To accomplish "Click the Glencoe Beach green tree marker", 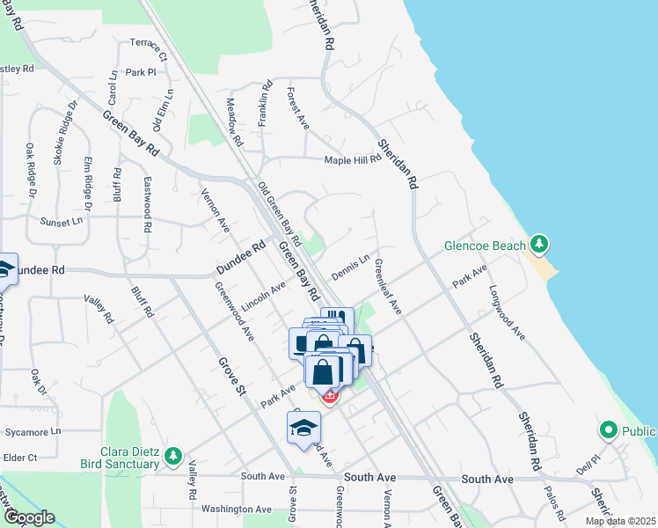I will coord(539,244).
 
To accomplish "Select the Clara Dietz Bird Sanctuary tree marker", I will coord(173,455).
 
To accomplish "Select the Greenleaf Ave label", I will coord(388,286).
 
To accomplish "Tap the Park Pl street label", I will coord(141,72).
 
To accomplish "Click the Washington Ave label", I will coord(237,509).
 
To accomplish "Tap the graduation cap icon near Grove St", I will coord(303,428).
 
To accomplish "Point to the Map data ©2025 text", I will coord(620,521).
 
